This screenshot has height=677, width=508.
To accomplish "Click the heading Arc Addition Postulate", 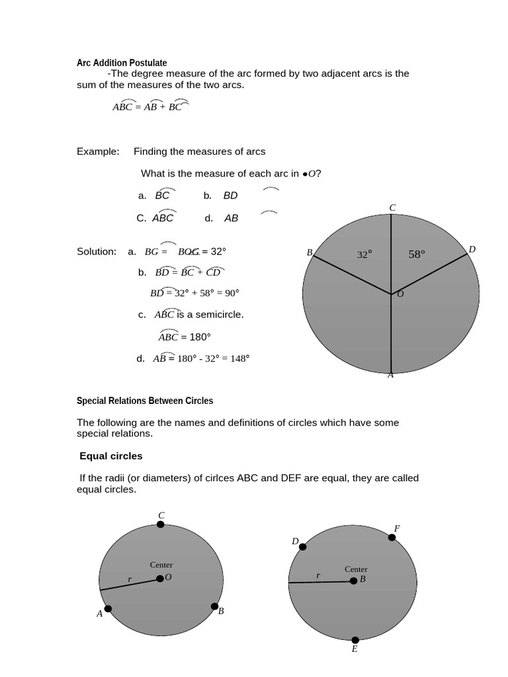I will click(x=122, y=63).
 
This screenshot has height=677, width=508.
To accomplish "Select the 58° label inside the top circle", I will click(x=417, y=254).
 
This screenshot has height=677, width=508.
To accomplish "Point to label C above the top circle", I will click(x=392, y=208).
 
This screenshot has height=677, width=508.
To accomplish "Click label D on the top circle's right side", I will click(x=472, y=249).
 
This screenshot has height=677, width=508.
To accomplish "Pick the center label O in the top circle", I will click(x=400, y=294).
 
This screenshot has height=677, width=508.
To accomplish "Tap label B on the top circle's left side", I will click(x=309, y=253).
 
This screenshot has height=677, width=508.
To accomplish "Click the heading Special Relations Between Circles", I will click(x=145, y=401).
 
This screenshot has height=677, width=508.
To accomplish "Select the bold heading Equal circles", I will click(x=111, y=456).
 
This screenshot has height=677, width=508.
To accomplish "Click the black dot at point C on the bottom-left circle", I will click(x=161, y=524).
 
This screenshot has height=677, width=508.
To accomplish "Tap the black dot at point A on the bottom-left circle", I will click(x=108, y=609).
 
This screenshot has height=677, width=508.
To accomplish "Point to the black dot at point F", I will click(x=392, y=538).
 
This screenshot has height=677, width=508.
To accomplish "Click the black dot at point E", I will click(x=355, y=639).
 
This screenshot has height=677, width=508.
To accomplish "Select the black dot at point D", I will click(x=303, y=547).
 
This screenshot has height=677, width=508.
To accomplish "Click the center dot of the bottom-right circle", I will click(x=353, y=580).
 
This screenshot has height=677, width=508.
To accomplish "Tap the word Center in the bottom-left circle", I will click(x=161, y=565).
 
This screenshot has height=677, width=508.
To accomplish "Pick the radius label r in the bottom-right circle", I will click(x=318, y=575).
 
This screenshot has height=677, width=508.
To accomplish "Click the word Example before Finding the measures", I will click(x=97, y=151).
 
